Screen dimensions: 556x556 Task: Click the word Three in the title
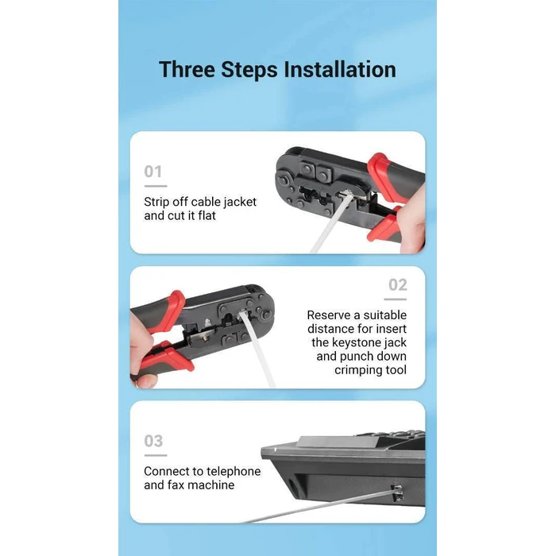tap(187, 69)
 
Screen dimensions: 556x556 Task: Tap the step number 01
tap(153, 172)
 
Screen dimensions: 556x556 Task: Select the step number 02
tap(397, 284)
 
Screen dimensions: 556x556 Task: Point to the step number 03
tap(153, 441)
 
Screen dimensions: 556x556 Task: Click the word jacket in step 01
tap(240, 202)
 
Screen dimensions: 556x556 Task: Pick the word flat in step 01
tap(207, 215)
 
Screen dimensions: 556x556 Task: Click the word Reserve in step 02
tap(328, 315)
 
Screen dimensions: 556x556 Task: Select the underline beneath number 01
tap(156, 186)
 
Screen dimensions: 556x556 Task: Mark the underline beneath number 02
tap(396, 299)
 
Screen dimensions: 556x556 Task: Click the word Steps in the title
tap(249, 69)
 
